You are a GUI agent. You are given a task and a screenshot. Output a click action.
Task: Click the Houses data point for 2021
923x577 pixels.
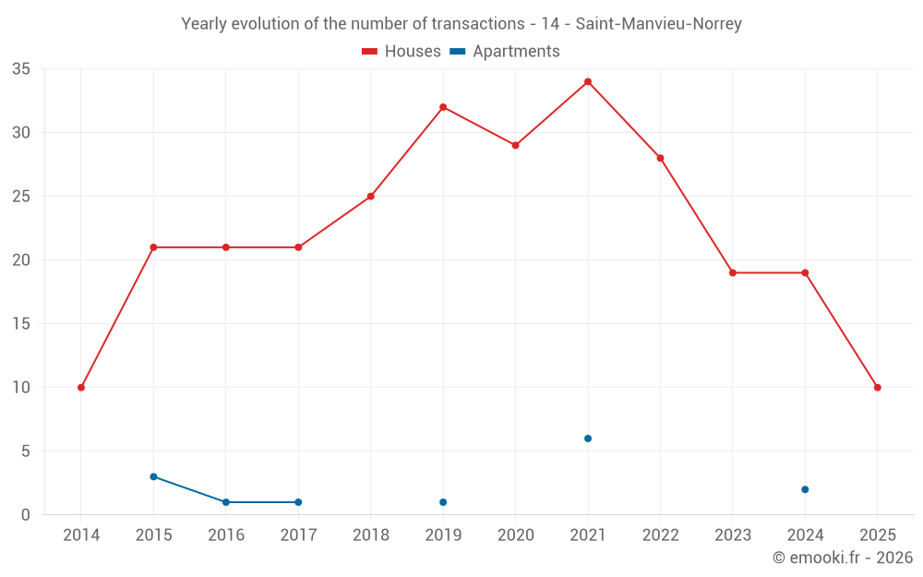[x=588, y=81]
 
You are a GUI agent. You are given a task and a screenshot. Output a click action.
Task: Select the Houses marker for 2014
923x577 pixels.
[x=81, y=388]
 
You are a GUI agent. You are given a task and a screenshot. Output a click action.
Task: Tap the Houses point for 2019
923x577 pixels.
[x=443, y=107]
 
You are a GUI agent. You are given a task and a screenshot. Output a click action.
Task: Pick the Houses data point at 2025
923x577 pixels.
[x=877, y=388]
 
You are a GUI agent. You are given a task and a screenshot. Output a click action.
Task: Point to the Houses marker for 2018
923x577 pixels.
[x=371, y=197]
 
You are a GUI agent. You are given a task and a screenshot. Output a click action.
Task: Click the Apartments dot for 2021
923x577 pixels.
[x=588, y=439]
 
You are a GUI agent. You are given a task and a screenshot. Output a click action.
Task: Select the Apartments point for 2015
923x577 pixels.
[x=153, y=476]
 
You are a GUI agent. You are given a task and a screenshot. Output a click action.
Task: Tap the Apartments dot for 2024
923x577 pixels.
[x=805, y=489]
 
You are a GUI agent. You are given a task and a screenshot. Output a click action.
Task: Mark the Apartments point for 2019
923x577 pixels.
[x=443, y=502]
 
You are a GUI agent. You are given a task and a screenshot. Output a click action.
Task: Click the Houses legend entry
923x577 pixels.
[x=402, y=52]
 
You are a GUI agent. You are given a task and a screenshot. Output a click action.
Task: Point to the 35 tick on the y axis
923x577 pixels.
[x=21, y=69]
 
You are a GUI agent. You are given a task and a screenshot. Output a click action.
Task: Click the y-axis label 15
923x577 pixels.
[x=21, y=324]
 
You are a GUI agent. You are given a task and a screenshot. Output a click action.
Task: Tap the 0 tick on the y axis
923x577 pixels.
[x=26, y=515]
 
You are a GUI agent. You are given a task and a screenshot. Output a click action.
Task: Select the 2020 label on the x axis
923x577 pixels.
[x=515, y=535]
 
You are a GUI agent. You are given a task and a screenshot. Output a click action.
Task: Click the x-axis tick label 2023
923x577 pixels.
[x=732, y=535]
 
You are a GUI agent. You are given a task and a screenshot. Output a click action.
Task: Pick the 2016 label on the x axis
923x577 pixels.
[x=226, y=535]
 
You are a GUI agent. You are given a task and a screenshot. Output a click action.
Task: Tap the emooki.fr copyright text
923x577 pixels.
[x=843, y=558]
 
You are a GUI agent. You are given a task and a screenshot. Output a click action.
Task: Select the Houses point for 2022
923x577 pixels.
[x=660, y=158]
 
